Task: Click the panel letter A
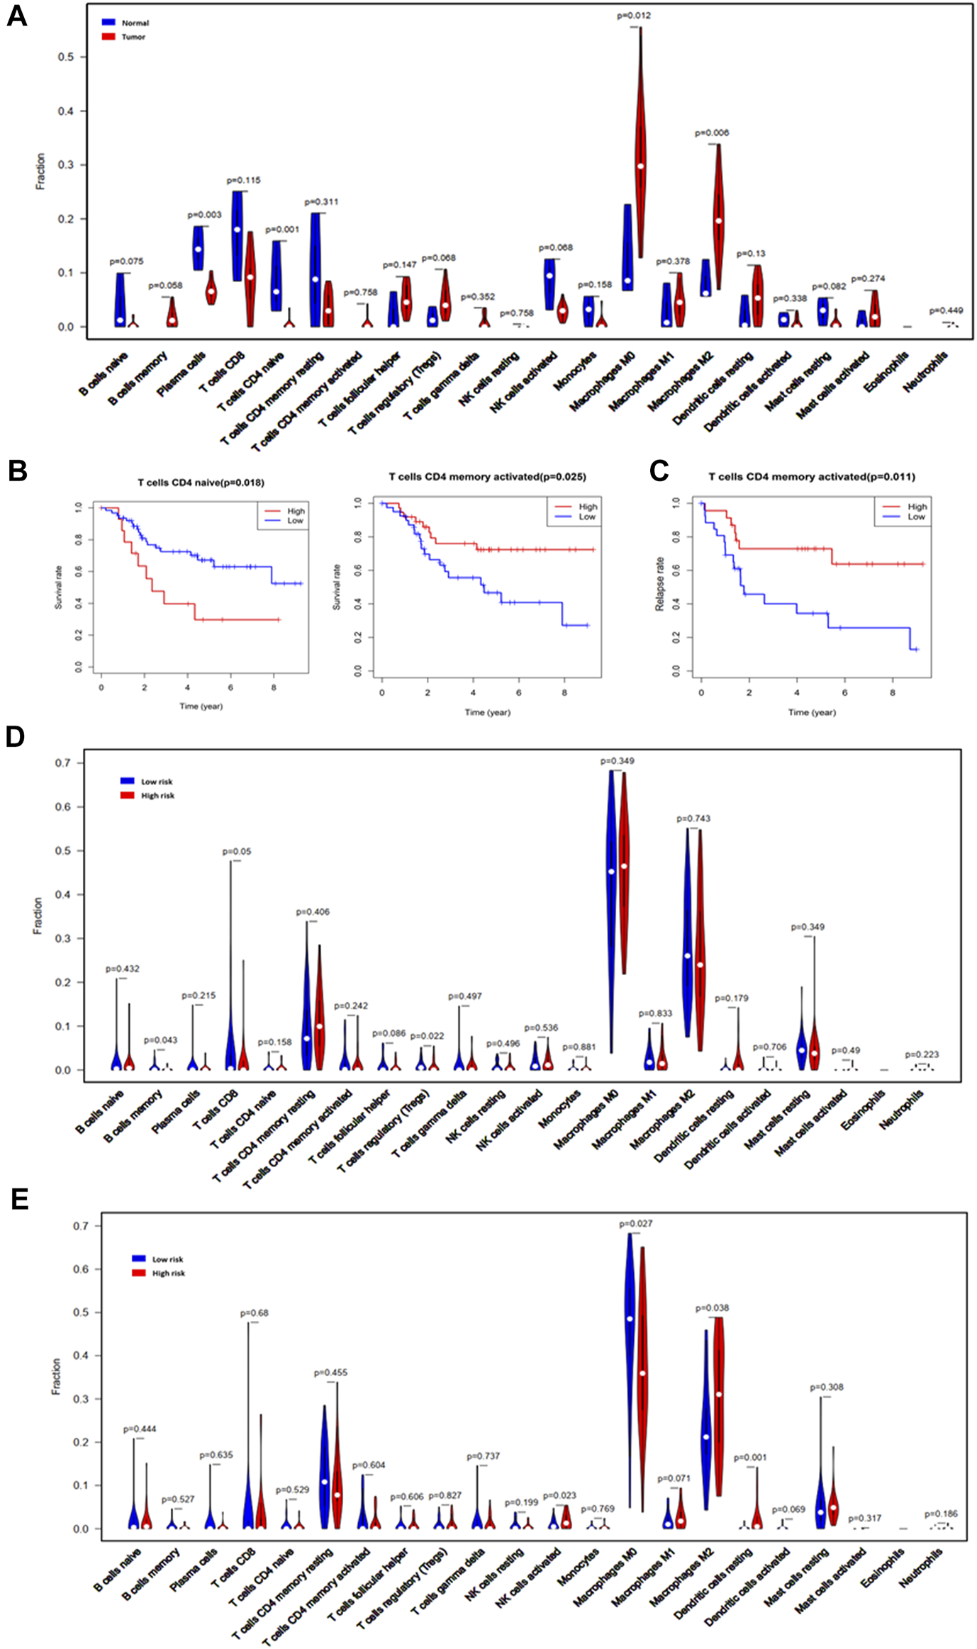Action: pyautogui.click(x=16, y=16)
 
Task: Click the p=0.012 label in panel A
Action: pyautogui.click(x=634, y=16)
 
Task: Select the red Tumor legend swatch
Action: pyautogui.click(x=108, y=36)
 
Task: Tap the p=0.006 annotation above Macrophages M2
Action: pyautogui.click(x=712, y=133)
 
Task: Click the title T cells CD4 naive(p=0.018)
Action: pyautogui.click(x=201, y=483)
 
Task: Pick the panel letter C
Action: pyautogui.click(x=659, y=471)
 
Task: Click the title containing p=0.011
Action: pyautogui.click(x=812, y=477)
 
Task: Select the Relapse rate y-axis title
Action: pyautogui.click(x=660, y=584)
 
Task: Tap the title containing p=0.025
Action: pyautogui.click(x=488, y=477)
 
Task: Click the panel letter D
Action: pyautogui.click(x=15, y=737)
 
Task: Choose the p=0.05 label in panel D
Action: pyautogui.click(x=237, y=851)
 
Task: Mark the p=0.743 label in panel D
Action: pyautogui.click(x=693, y=818)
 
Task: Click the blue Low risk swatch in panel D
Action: pyautogui.click(x=128, y=781)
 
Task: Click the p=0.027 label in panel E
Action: pyautogui.click(x=636, y=1223)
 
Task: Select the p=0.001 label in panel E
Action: pyautogui.click(x=750, y=1457)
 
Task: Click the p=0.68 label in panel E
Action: pyautogui.click(x=255, y=1313)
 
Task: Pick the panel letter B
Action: pyautogui.click(x=17, y=471)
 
